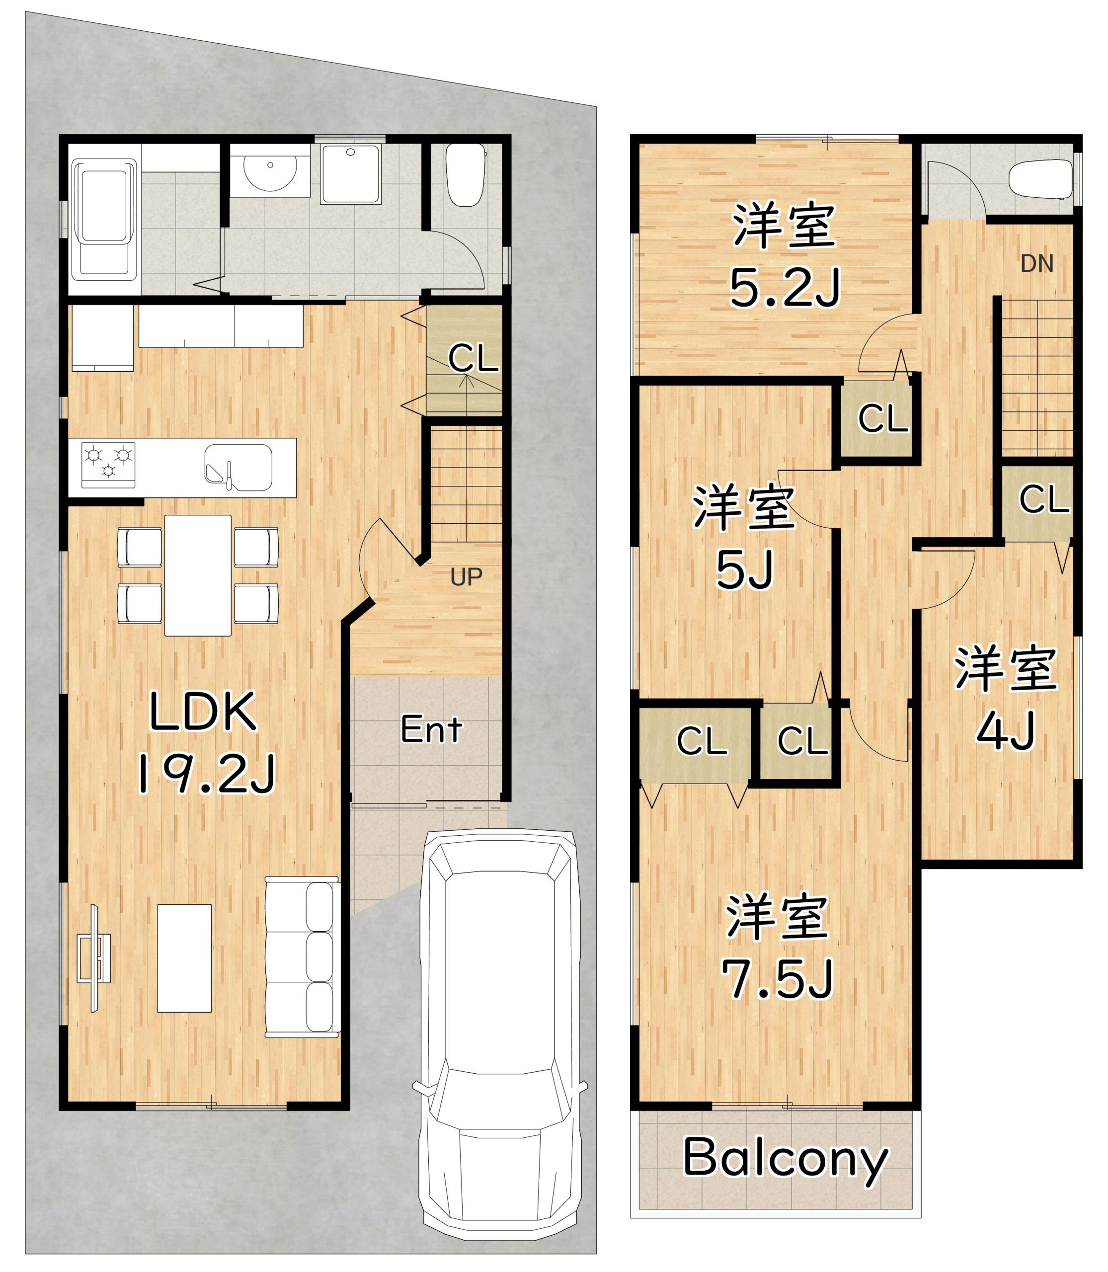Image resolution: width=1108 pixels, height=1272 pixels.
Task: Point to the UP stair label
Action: point(466,576)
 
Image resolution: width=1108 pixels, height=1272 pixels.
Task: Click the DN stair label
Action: point(1037,264)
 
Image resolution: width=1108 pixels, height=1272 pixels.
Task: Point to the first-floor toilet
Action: point(466,175)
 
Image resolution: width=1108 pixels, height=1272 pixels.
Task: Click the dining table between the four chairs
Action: point(198,575)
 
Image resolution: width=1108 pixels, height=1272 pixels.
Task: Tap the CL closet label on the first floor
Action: point(473,358)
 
